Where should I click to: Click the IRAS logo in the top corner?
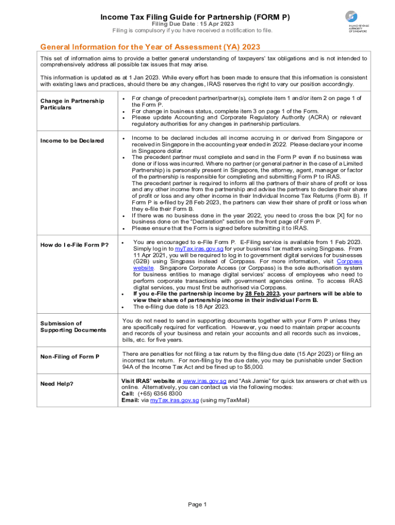(358, 23)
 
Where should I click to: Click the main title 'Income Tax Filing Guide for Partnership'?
(195, 17)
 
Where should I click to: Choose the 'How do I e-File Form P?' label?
(74, 245)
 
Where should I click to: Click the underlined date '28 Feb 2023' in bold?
(262, 294)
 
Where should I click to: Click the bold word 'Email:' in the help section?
(130, 400)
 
